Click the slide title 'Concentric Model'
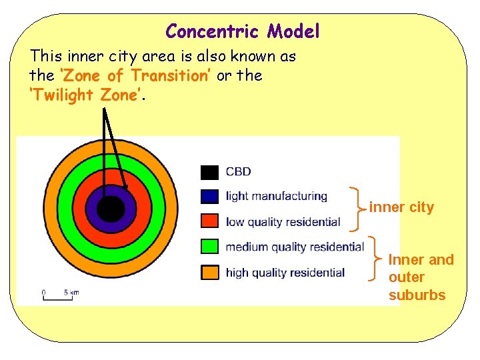coord(243,31)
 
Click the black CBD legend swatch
coord(209,172)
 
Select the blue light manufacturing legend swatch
coord(209,197)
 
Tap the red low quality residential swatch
coord(209,221)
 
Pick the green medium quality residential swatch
coord(209,247)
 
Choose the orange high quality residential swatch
coord(209,272)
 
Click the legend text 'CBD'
coord(239,172)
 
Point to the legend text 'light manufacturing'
coord(277,197)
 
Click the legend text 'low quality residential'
coord(283,222)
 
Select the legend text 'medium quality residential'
coord(295,247)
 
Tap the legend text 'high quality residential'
coord(285,273)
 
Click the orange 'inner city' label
coord(401,207)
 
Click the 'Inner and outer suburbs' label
coord(420,277)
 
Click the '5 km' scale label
coord(71,292)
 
